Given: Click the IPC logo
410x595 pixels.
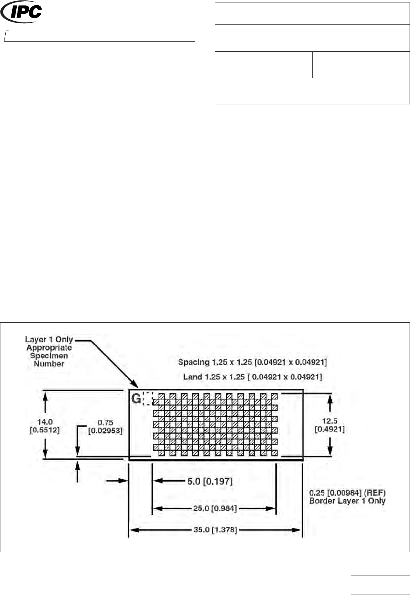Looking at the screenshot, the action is coord(22,12).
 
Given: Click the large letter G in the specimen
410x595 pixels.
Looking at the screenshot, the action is coord(136,399).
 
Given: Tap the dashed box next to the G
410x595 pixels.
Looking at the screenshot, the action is coord(148,399).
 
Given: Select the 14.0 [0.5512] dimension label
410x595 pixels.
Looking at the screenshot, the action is coord(44,425).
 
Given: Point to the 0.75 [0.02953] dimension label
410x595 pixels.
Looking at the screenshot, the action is coord(105,426).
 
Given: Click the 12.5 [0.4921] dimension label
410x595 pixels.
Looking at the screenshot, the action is coord(329,425).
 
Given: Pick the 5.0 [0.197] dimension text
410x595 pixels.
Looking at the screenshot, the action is coord(209,481).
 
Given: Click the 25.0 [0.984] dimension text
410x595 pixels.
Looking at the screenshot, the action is coord(214,508).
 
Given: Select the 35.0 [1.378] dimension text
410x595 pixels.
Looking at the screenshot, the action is coord(215,530).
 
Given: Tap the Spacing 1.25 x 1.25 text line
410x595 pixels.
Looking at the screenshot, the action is coord(252,362).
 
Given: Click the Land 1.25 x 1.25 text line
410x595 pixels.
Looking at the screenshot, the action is coord(252,377).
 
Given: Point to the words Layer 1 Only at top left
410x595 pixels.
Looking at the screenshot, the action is coord(48,339).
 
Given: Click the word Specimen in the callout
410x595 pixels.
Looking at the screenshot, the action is coord(49,356).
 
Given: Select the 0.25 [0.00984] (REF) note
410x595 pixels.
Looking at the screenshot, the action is coord(347,493).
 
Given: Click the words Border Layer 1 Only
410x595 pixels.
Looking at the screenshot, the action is coord(347,501).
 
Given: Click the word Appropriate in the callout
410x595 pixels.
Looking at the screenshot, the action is coord(49,348).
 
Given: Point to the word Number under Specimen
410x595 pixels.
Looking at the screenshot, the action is coord(49,364).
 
